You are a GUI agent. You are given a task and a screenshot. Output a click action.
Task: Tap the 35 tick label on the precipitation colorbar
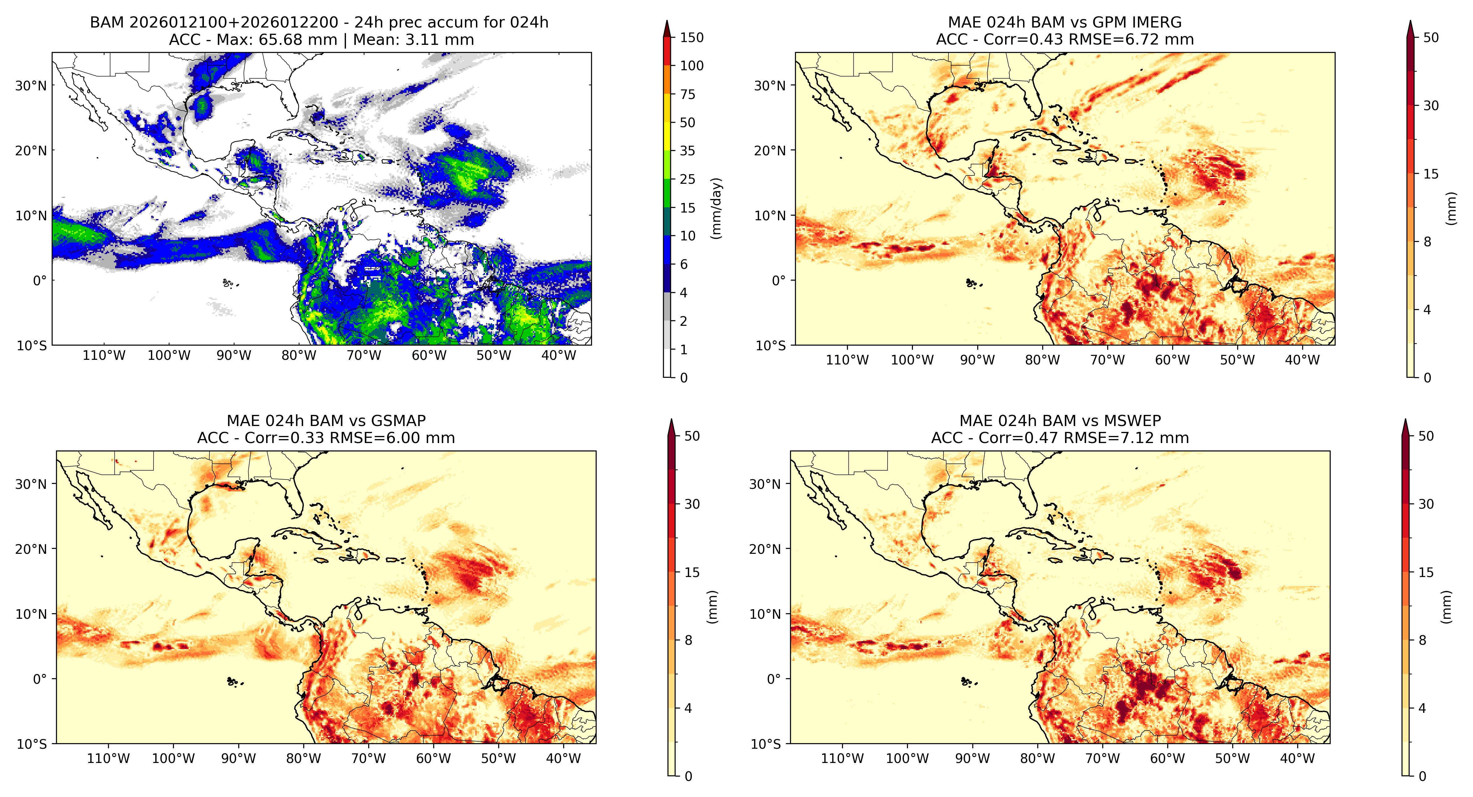coord(687,151)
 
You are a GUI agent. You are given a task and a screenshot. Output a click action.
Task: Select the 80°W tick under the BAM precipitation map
coord(299,355)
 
